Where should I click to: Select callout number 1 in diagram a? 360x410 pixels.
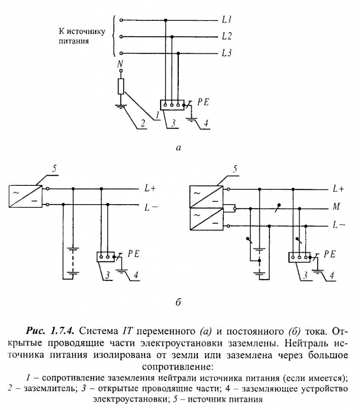click(x=158, y=116)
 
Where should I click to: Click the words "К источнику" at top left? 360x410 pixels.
click(x=83, y=32)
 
